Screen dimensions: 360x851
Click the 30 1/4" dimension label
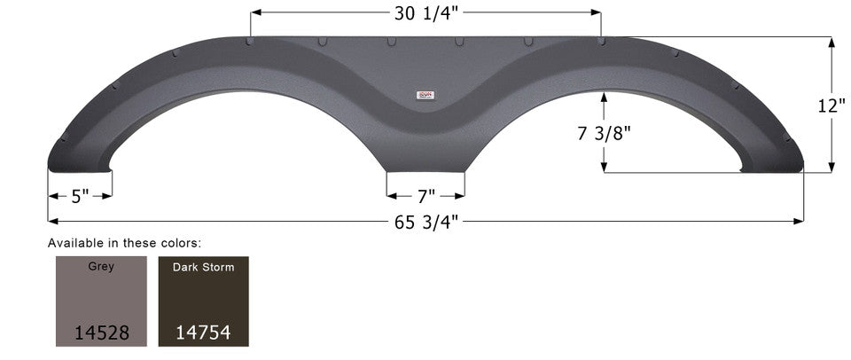pyautogui.click(x=425, y=14)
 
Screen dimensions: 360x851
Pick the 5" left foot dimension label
pyautogui.click(x=80, y=196)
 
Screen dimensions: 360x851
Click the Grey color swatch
pyautogui.click(x=101, y=301)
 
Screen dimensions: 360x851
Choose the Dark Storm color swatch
pyautogui.click(x=203, y=301)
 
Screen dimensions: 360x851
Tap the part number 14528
pyautogui.click(x=101, y=333)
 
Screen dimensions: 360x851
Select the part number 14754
pyautogui.click(x=203, y=333)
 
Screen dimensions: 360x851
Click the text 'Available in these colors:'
pyautogui.click(x=124, y=242)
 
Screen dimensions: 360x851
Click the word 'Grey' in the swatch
pyautogui.click(x=101, y=266)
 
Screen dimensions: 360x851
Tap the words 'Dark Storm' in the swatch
pyautogui.click(x=203, y=267)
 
